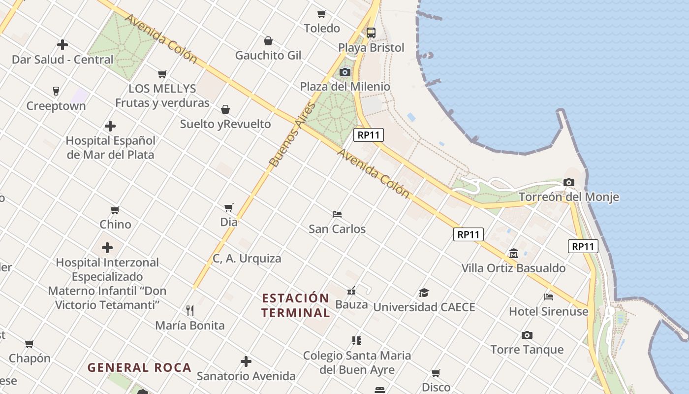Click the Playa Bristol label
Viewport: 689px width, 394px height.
371,48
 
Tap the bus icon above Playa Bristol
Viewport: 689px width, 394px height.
371,33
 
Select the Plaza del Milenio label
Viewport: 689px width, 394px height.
345,87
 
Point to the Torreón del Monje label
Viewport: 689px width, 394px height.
569,197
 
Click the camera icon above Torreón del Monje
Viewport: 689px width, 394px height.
569,183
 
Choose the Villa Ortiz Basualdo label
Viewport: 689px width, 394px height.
513,268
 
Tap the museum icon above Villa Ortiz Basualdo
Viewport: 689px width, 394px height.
514,254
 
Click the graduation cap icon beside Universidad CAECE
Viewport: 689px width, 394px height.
424,293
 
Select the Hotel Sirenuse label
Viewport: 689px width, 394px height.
548,311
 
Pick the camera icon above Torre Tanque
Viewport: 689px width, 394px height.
527,335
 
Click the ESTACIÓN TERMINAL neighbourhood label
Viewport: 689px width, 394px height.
295,305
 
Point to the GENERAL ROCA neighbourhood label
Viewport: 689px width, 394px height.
139,367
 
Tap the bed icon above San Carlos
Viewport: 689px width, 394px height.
337,214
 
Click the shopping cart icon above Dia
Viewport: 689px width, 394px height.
229,207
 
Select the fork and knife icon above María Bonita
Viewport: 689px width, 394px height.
190,310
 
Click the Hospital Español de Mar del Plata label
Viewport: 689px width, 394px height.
110,148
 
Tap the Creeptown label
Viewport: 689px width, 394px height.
56,106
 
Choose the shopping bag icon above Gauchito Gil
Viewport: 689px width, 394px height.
268,40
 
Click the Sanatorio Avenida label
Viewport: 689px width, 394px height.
246,376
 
